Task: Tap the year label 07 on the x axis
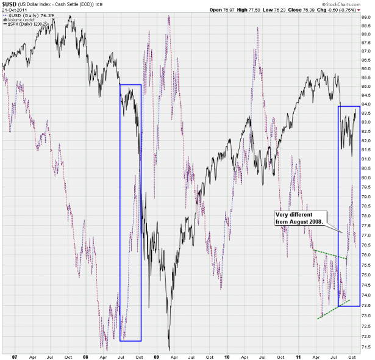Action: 15,353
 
